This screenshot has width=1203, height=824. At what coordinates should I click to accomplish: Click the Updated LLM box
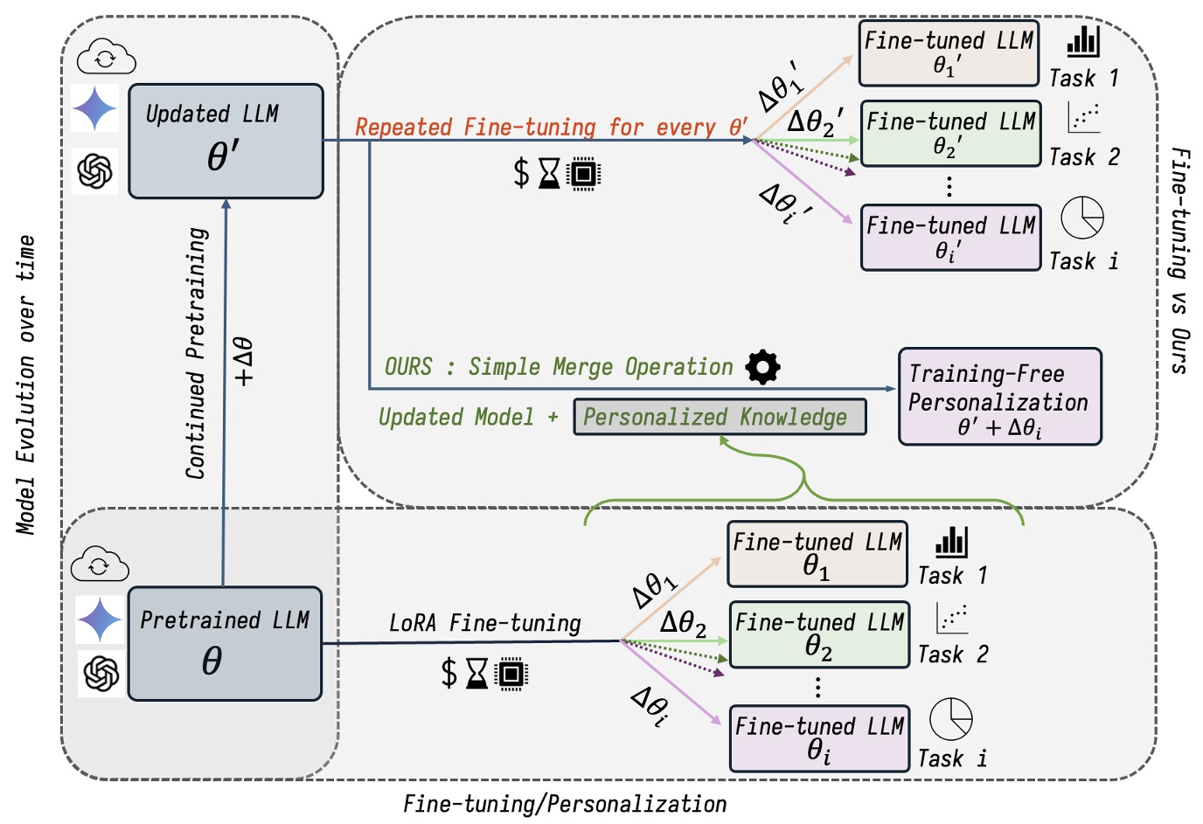(226, 141)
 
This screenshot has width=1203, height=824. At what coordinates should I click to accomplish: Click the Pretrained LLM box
(225, 643)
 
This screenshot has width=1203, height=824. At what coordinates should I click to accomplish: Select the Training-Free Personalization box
(999, 398)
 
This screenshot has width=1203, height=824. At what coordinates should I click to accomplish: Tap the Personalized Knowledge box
(719, 417)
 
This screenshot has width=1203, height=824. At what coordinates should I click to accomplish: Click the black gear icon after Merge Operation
(762, 367)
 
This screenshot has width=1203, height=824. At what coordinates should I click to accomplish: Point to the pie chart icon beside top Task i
(1081, 218)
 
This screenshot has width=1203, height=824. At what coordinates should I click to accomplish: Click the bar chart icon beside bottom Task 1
(951, 542)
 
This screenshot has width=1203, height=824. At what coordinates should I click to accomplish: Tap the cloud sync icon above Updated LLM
(106, 58)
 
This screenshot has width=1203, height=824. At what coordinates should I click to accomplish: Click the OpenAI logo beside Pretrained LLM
(101, 673)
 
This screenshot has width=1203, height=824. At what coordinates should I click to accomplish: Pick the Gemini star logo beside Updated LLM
(94, 109)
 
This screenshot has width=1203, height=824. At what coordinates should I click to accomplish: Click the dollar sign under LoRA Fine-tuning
(449, 674)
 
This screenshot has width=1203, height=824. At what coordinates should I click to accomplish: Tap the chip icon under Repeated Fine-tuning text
(583, 174)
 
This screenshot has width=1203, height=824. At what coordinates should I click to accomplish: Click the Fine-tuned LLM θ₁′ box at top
(949, 53)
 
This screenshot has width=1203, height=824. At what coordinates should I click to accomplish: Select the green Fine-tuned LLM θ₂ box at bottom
(818, 635)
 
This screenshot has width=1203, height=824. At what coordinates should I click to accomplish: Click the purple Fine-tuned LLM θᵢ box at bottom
(818, 738)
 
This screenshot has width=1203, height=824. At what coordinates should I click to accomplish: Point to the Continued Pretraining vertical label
(197, 353)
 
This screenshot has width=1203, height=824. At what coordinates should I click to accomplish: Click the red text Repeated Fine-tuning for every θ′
(551, 128)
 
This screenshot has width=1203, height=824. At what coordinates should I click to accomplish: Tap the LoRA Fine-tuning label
(484, 623)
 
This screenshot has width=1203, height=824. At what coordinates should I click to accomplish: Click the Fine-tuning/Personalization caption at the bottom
(565, 804)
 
